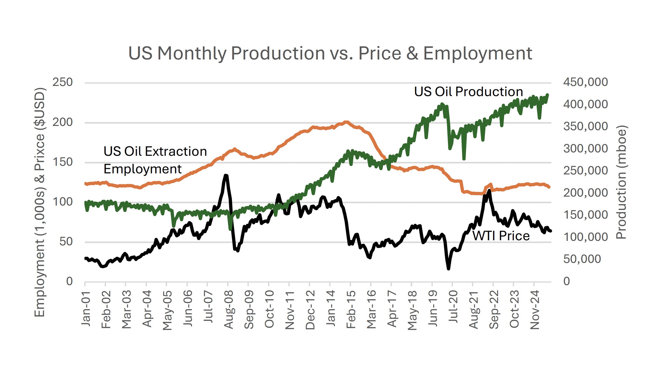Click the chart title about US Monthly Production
330,53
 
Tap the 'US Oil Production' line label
468,91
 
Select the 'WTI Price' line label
501,236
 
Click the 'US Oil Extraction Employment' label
155,160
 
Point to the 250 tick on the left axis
63,82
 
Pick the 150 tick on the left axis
63,162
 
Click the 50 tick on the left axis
66,242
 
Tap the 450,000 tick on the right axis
585,82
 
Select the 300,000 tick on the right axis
585,149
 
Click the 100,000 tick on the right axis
585,237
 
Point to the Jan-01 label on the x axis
86,308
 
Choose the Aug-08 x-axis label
229,309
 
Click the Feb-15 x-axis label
351,309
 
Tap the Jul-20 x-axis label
453,307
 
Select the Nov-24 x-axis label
535,310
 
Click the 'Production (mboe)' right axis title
621,182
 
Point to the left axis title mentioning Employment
40,202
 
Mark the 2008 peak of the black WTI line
226,176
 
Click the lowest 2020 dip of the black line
448,269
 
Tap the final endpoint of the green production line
547,95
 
